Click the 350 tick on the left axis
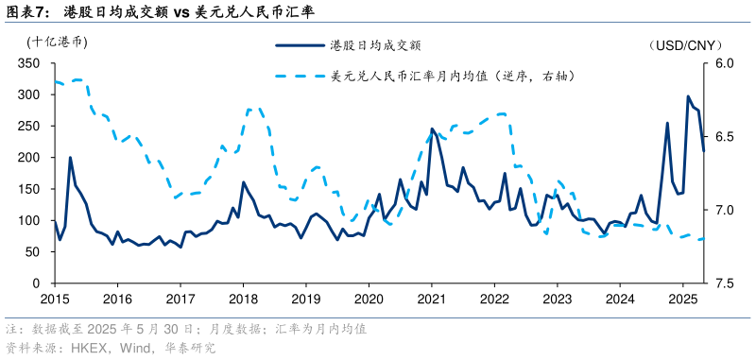30,63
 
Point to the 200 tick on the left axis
30,157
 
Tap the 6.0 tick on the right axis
724,63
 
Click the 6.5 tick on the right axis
724,138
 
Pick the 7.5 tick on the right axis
724,283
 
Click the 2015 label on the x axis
54,299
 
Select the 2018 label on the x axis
243,299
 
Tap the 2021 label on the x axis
432,299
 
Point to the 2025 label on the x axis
682,299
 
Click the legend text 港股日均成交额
374,44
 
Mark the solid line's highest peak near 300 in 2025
688,96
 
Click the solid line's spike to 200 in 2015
70,158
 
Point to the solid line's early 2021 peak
432,129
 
